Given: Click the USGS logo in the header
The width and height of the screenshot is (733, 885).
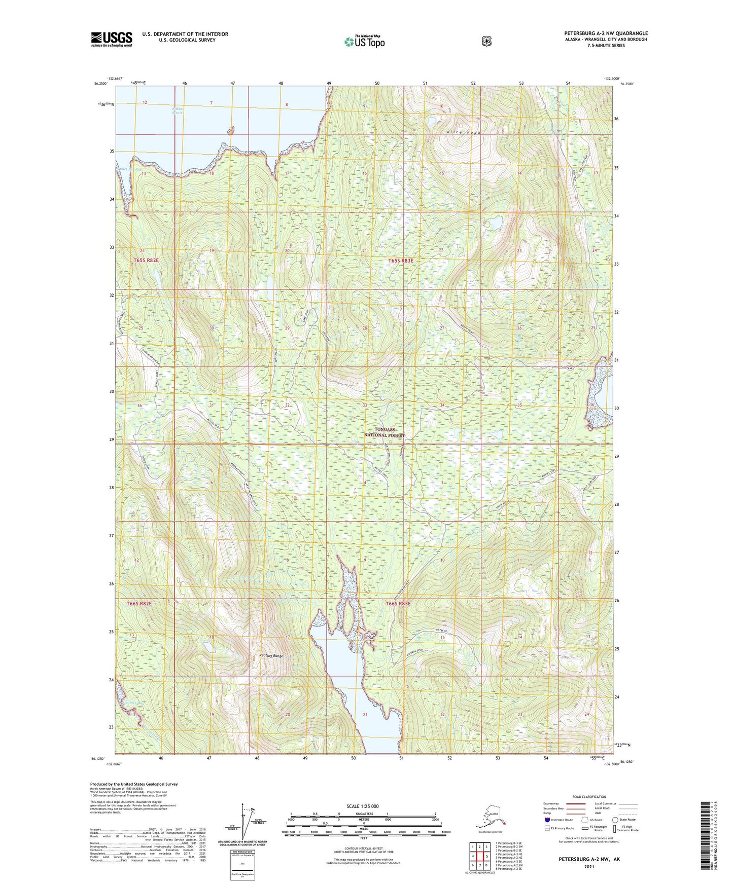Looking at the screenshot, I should tap(112, 39).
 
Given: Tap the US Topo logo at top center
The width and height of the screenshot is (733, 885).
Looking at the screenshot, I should tap(364, 42).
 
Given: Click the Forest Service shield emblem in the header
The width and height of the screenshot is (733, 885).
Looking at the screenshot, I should tap(486, 41).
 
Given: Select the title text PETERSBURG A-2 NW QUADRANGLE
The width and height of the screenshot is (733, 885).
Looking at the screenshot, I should tap(606, 33).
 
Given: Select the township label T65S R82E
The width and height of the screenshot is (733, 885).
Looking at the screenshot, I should tap(147, 260).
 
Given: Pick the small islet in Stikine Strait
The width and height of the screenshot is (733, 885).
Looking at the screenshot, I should tap(231, 130).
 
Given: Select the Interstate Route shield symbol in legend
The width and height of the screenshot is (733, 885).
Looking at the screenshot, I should tap(547, 819).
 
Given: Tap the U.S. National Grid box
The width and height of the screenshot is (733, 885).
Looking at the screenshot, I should tap(242, 863).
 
